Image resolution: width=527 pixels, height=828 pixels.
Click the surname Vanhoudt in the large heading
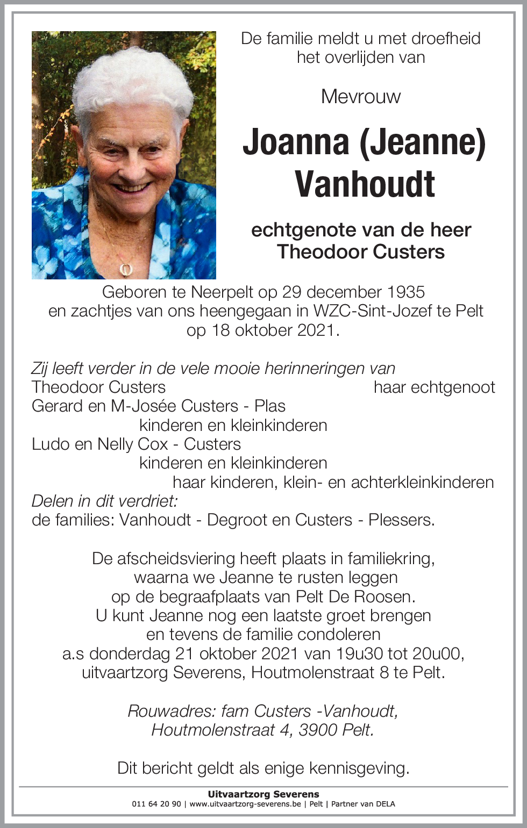(365, 184)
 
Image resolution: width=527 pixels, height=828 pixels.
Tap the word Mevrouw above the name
(361, 97)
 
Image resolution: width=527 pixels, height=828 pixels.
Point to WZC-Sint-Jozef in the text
(378, 311)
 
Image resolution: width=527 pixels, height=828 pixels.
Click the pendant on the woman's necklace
(126, 268)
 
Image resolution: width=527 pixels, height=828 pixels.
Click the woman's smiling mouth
(133, 188)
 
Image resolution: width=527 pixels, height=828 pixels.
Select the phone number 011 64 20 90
(156, 804)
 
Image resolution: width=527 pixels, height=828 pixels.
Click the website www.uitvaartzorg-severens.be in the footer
(245, 804)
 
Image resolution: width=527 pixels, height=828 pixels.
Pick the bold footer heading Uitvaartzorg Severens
(263, 794)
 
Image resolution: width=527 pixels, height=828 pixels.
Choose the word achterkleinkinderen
(422, 482)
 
